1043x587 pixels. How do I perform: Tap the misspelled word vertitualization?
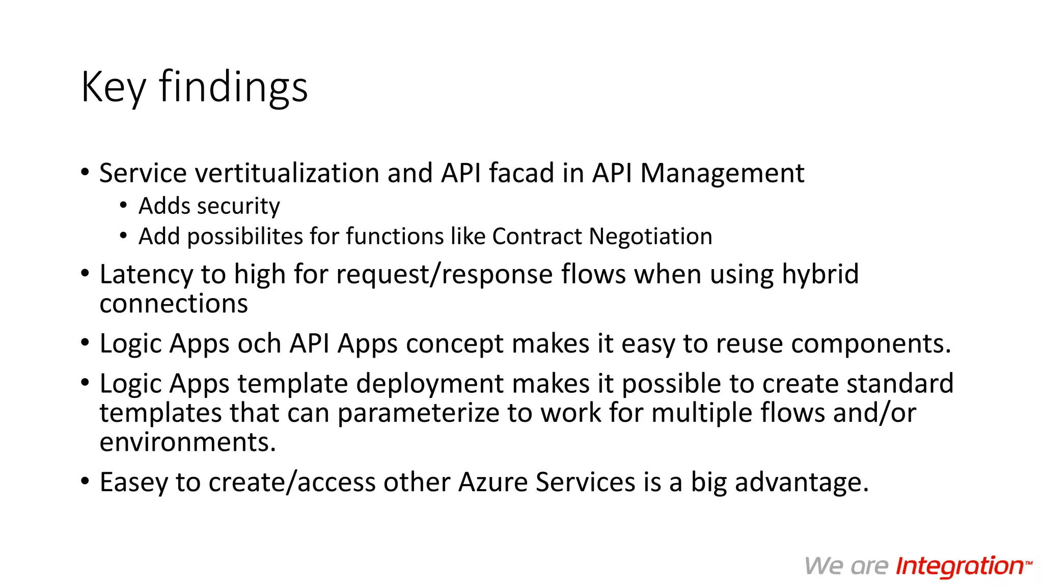click(287, 173)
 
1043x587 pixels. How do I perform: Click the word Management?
click(722, 173)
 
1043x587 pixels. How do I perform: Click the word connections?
click(174, 304)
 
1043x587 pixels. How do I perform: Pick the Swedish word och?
click(259, 343)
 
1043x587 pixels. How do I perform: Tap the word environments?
click(187, 442)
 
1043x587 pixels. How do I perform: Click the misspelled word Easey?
click(133, 482)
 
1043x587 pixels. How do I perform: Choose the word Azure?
click(493, 482)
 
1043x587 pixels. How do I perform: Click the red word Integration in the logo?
click(960, 566)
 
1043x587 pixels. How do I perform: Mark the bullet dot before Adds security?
click(123, 206)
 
